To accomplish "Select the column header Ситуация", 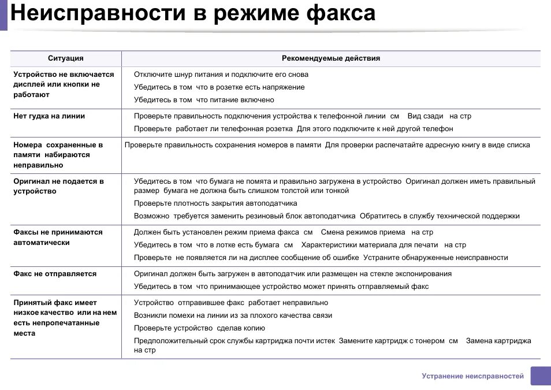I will (x=65, y=58).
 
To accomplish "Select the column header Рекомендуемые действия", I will (x=330, y=58).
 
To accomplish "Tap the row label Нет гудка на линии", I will (x=49, y=116).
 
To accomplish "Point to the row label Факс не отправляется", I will (x=55, y=274).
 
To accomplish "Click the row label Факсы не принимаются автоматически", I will (x=58, y=237).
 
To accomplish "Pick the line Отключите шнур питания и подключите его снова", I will (x=221, y=75).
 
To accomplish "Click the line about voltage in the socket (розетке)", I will (x=219, y=87).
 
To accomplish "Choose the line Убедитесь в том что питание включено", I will (x=204, y=100).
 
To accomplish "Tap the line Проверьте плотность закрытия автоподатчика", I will (x=215, y=203).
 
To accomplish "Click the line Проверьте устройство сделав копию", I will (x=199, y=328).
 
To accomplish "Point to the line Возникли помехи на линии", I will (x=233, y=315).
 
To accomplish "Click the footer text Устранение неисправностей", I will (x=472, y=376).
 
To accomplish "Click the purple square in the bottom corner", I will (x=541, y=376).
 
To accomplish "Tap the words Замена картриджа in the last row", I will (x=498, y=341).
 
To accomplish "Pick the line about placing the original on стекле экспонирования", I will (x=293, y=274).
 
